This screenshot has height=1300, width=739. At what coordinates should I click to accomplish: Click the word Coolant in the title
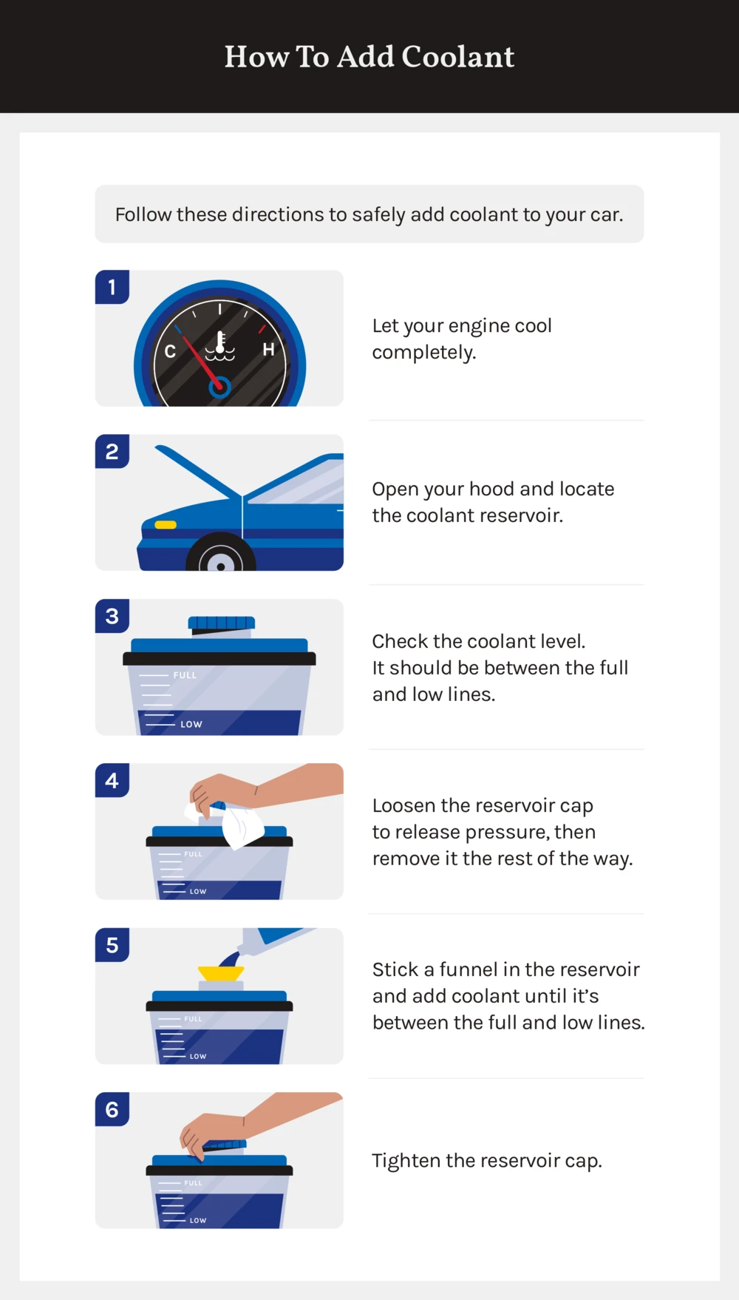tap(457, 57)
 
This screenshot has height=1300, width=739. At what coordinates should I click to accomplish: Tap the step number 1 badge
tap(112, 287)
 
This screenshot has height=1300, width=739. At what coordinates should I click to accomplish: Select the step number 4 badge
tap(112, 780)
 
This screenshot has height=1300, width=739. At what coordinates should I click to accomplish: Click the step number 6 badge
tap(112, 1109)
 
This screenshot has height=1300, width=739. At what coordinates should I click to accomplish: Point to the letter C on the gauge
tap(170, 351)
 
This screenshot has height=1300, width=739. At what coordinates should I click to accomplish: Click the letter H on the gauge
tap(268, 350)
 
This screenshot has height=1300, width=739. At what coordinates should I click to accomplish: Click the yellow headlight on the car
tap(166, 525)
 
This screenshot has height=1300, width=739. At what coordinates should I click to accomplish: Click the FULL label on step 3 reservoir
tap(185, 675)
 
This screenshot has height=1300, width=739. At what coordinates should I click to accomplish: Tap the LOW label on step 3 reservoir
tap(191, 724)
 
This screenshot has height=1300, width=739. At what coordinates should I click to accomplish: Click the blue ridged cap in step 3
tap(221, 623)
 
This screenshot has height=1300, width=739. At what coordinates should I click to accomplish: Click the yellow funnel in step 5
tap(220, 972)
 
